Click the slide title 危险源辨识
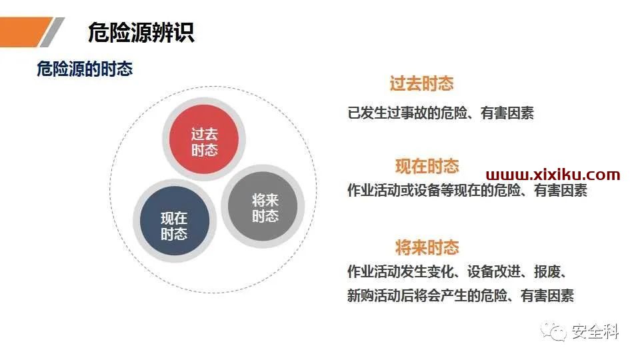coord(141,32)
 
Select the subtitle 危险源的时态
coord(85,69)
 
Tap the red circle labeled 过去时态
coord(204,139)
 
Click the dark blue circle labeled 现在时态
coord(174,221)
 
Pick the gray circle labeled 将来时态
coord(263,207)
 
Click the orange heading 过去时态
coord(421,83)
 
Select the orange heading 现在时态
coord(427,166)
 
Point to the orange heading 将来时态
coord(427,247)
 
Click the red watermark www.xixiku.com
coord(553,175)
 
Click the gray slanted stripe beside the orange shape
coord(52,32)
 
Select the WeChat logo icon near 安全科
coord(554,331)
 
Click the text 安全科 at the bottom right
coord(595,331)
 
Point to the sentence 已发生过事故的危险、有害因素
coord(441,113)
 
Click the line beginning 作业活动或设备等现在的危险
coord(467,190)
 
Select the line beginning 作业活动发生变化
coord(456,271)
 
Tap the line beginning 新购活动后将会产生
coord(461,295)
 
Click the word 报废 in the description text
coord(547,271)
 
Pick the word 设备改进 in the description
coord(494,271)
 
